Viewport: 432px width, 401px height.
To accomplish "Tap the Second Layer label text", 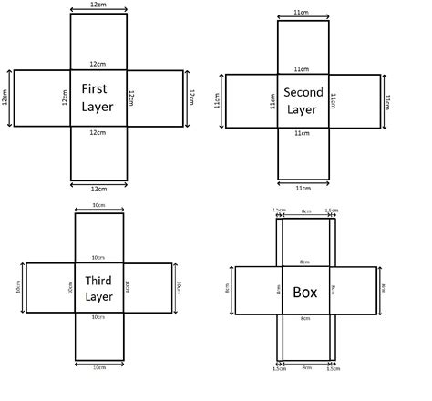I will click(304, 99).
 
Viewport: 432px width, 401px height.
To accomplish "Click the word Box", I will click(304, 293).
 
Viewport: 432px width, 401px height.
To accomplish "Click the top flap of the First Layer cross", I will click(98, 42).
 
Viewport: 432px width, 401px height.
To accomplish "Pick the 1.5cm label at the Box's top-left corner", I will click(278, 211).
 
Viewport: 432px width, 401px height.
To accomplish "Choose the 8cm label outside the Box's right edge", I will click(384, 292).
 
